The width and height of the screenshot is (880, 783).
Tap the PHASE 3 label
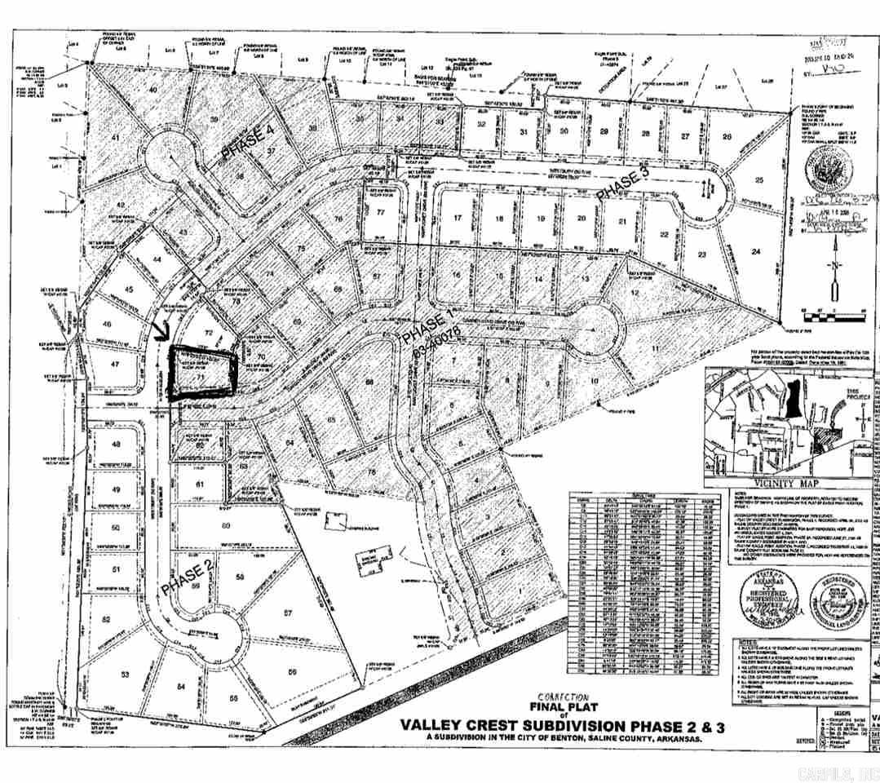click(x=624, y=184)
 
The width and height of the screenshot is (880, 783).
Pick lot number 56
click(x=291, y=671)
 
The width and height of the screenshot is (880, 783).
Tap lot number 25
click(x=759, y=180)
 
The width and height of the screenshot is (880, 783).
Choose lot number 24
click(x=756, y=252)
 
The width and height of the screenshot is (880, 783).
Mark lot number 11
click(x=656, y=347)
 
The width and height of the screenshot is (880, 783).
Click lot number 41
click(x=116, y=138)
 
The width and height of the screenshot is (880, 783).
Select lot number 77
click(x=380, y=212)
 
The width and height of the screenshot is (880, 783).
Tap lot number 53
click(x=125, y=675)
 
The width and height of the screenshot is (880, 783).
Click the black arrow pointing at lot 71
click(x=160, y=333)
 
